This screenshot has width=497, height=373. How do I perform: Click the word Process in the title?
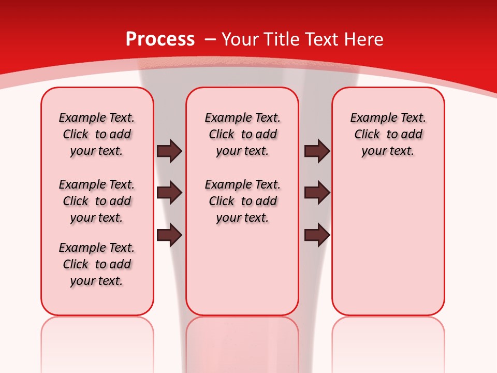point(160,39)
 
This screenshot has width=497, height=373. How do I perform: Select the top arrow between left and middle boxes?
point(170,151)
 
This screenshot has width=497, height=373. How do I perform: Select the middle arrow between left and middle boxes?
point(170,193)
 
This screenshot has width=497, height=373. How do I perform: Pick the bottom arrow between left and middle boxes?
point(170,235)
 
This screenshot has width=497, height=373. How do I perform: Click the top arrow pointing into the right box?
point(317,151)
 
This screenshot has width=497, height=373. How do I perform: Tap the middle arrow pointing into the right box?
point(317,193)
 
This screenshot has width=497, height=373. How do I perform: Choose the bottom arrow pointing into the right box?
point(317,235)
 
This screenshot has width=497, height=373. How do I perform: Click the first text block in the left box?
point(97,134)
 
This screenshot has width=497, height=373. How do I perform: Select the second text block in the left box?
point(97,201)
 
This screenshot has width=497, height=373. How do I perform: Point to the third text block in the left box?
point(97,264)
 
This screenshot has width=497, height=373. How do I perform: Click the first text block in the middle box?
point(242,134)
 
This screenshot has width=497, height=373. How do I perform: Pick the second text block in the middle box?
point(242,201)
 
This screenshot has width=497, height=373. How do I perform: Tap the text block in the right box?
point(388,134)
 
